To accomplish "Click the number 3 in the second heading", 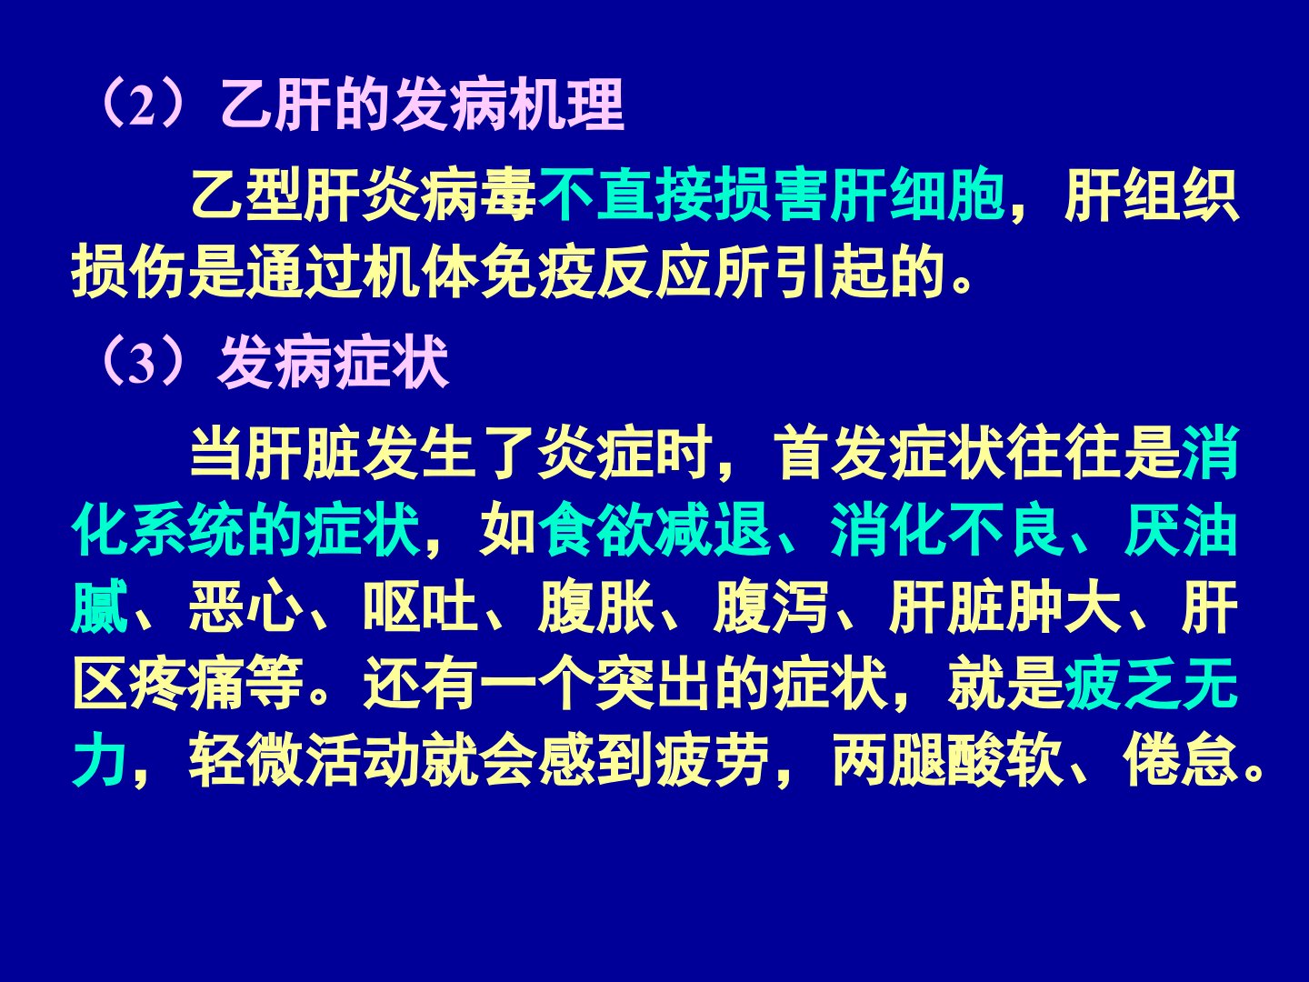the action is pyautogui.click(x=142, y=365).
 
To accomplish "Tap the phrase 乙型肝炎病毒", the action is pyautogui.click(x=364, y=195).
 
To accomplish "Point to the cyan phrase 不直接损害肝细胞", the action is pyautogui.click(x=771, y=195).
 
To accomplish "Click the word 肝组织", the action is pyautogui.click(x=1152, y=195).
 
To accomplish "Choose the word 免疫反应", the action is pyautogui.click(x=595, y=273).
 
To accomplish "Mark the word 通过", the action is pyautogui.click(x=305, y=273).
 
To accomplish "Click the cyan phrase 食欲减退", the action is pyautogui.click(x=654, y=529).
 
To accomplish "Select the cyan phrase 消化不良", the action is pyautogui.click(x=945, y=529).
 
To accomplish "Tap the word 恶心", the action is pyautogui.click(x=245, y=607).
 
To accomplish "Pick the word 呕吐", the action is pyautogui.click(x=421, y=607).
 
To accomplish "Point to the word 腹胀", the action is pyautogui.click(x=595, y=607).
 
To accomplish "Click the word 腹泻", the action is pyautogui.click(x=771, y=607).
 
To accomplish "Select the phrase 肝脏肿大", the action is pyautogui.click(x=1004, y=607).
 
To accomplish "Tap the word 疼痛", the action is pyautogui.click(x=187, y=685).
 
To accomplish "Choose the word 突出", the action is pyautogui.click(x=654, y=685).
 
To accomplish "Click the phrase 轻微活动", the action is pyautogui.click(x=305, y=761).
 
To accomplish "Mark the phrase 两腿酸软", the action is pyautogui.click(x=945, y=761).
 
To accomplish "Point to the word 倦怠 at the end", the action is pyautogui.click(x=1180, y=761).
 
